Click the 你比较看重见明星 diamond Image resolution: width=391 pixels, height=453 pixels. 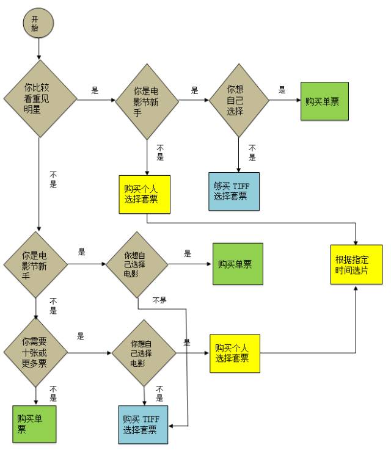[x=40, y=98]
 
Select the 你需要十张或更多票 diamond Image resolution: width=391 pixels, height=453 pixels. [x=35, y=352]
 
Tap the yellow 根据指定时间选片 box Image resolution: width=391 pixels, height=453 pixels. [x=356, y=264]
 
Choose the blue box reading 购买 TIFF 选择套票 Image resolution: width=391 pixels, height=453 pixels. [x=143, y=424]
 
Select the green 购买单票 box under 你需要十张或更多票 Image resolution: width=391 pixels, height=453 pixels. [x=34, y=423]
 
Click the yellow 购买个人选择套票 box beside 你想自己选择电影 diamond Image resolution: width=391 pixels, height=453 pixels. [x=235, y=353]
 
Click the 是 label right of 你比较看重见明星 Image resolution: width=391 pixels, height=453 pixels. [x=95, y=90]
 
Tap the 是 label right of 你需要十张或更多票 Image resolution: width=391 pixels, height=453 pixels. [x=81, y=336]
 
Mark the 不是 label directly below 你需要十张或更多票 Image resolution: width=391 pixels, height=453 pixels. [x=53, y=393]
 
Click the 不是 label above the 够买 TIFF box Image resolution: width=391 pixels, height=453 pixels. [x=252, y=153]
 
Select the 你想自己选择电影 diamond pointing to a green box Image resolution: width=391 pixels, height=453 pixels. [x=136, y=264]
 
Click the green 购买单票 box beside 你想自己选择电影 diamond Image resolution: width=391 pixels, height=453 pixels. [x=238, y=264]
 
